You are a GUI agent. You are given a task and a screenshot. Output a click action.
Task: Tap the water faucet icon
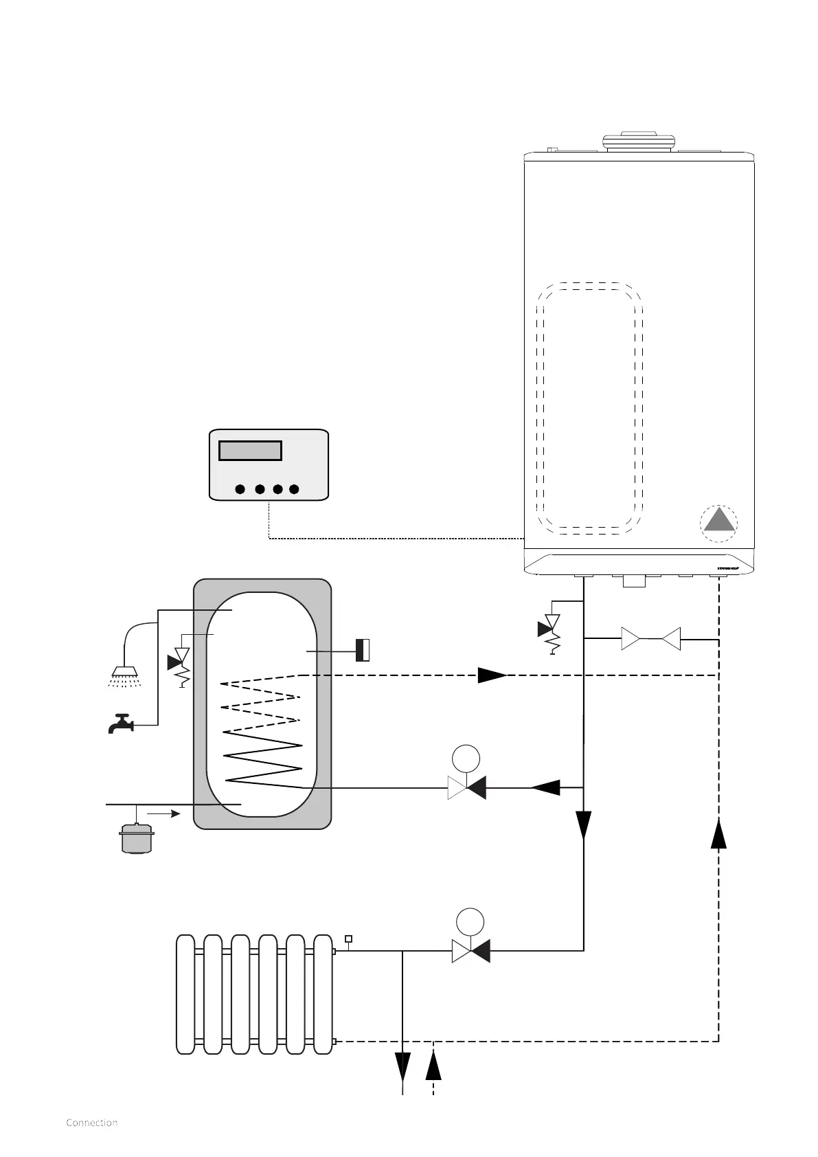point(121,723)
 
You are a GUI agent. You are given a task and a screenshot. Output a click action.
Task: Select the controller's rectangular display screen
point(250,451)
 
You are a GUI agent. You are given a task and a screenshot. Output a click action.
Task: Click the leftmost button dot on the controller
point(240,489)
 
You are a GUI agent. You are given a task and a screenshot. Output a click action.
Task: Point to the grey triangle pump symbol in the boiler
point(719,521)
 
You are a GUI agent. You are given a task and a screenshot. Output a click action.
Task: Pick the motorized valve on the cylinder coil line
point(466,787)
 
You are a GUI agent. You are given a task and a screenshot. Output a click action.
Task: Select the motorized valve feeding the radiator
point(470,951)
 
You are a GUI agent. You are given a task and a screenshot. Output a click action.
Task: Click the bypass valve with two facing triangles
point(650,639)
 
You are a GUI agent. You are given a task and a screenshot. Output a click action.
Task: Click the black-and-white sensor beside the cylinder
point(363,650)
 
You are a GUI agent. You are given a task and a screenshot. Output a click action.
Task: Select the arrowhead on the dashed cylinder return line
point(492,675)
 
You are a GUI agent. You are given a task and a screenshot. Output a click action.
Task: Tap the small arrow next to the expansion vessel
point(166,813)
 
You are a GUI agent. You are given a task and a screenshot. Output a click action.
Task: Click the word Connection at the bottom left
point(91,1123)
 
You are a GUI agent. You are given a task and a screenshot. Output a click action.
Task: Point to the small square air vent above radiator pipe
point(348,939)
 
